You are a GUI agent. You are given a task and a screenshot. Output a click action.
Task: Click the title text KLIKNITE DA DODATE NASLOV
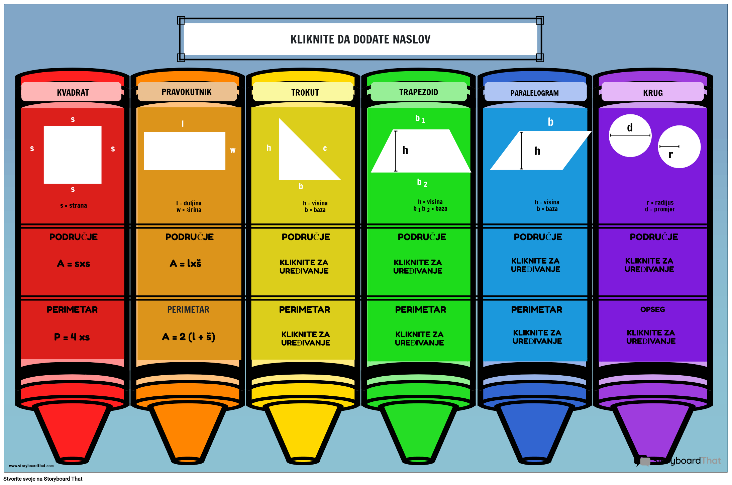point(360,39)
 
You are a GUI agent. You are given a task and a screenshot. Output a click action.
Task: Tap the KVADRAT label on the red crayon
point(73,93)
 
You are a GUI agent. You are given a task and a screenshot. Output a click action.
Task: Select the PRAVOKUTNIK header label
point(187,92)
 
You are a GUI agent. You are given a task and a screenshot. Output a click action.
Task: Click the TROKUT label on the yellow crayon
point(305,93)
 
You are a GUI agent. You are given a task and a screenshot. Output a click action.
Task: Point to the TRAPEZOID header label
point(419,92)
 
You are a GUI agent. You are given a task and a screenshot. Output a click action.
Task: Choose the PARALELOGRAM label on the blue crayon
point(535,93)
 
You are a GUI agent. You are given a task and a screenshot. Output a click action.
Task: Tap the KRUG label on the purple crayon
point(653,93)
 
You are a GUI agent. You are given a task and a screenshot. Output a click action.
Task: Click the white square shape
point(73,155)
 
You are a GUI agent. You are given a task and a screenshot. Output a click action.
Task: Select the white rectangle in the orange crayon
point(185,151)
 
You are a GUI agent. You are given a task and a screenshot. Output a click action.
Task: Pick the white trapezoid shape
point(421,151)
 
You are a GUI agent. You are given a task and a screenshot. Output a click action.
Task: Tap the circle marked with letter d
point(630,135)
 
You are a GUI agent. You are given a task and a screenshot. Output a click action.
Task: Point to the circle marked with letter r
point(679,147)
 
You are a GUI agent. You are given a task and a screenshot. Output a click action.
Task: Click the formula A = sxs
point(74,264)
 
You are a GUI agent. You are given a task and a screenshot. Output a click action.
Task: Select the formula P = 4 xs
point(72,337)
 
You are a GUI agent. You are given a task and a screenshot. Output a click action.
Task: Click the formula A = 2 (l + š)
point(189,337)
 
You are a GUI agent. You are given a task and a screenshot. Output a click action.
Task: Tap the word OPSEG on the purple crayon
point(652,309)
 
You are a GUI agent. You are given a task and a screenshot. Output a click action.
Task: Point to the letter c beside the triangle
point(325,149)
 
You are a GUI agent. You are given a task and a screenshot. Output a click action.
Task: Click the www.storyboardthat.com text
point(31,466)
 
